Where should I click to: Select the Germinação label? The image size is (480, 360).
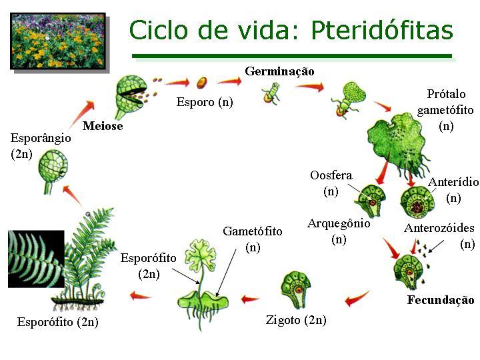coord(279,71)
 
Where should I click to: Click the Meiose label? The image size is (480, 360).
coord(103,126)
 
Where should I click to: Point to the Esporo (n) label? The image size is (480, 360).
coord(205,103)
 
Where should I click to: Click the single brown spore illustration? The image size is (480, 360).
coord(201,82)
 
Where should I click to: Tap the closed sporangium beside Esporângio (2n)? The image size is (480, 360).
coord(52,165)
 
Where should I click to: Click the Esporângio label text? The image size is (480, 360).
coord(41,138)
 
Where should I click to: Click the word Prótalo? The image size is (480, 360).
coord(446,94)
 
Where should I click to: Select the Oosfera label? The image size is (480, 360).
coord(331,175)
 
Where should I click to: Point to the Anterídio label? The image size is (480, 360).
coord(453,182)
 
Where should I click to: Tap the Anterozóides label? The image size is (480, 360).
coord(439,228)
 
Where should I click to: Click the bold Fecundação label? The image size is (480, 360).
coord(441,300)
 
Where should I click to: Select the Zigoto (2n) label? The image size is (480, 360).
coord(296,320)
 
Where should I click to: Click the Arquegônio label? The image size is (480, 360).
coord(339,224)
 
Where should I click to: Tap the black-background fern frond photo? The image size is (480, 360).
coord(36,259)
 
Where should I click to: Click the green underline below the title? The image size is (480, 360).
coord(292,56)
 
